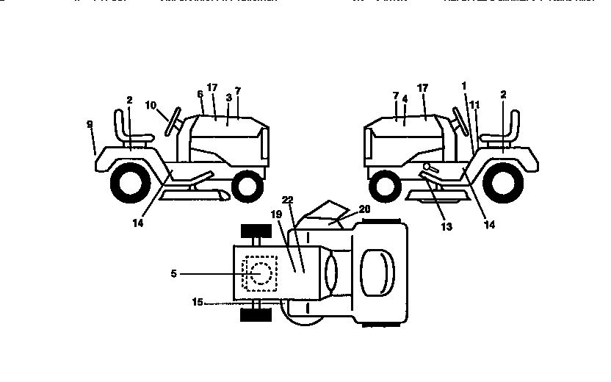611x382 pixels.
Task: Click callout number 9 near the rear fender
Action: coord(90,125)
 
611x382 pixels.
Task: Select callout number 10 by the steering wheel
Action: coord(150,105)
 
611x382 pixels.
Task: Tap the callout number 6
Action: coord(200,94)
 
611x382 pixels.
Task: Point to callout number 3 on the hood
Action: coord(229,97)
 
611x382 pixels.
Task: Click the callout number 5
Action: coord(173,273)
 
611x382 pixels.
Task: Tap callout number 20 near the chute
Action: coord(365,209)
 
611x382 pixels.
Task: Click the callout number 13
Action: coord(446,226)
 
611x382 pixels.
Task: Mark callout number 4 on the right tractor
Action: coord(405,97)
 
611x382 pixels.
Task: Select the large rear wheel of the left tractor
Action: coord(130,181)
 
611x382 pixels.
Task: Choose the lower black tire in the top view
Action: coord(256,315)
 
